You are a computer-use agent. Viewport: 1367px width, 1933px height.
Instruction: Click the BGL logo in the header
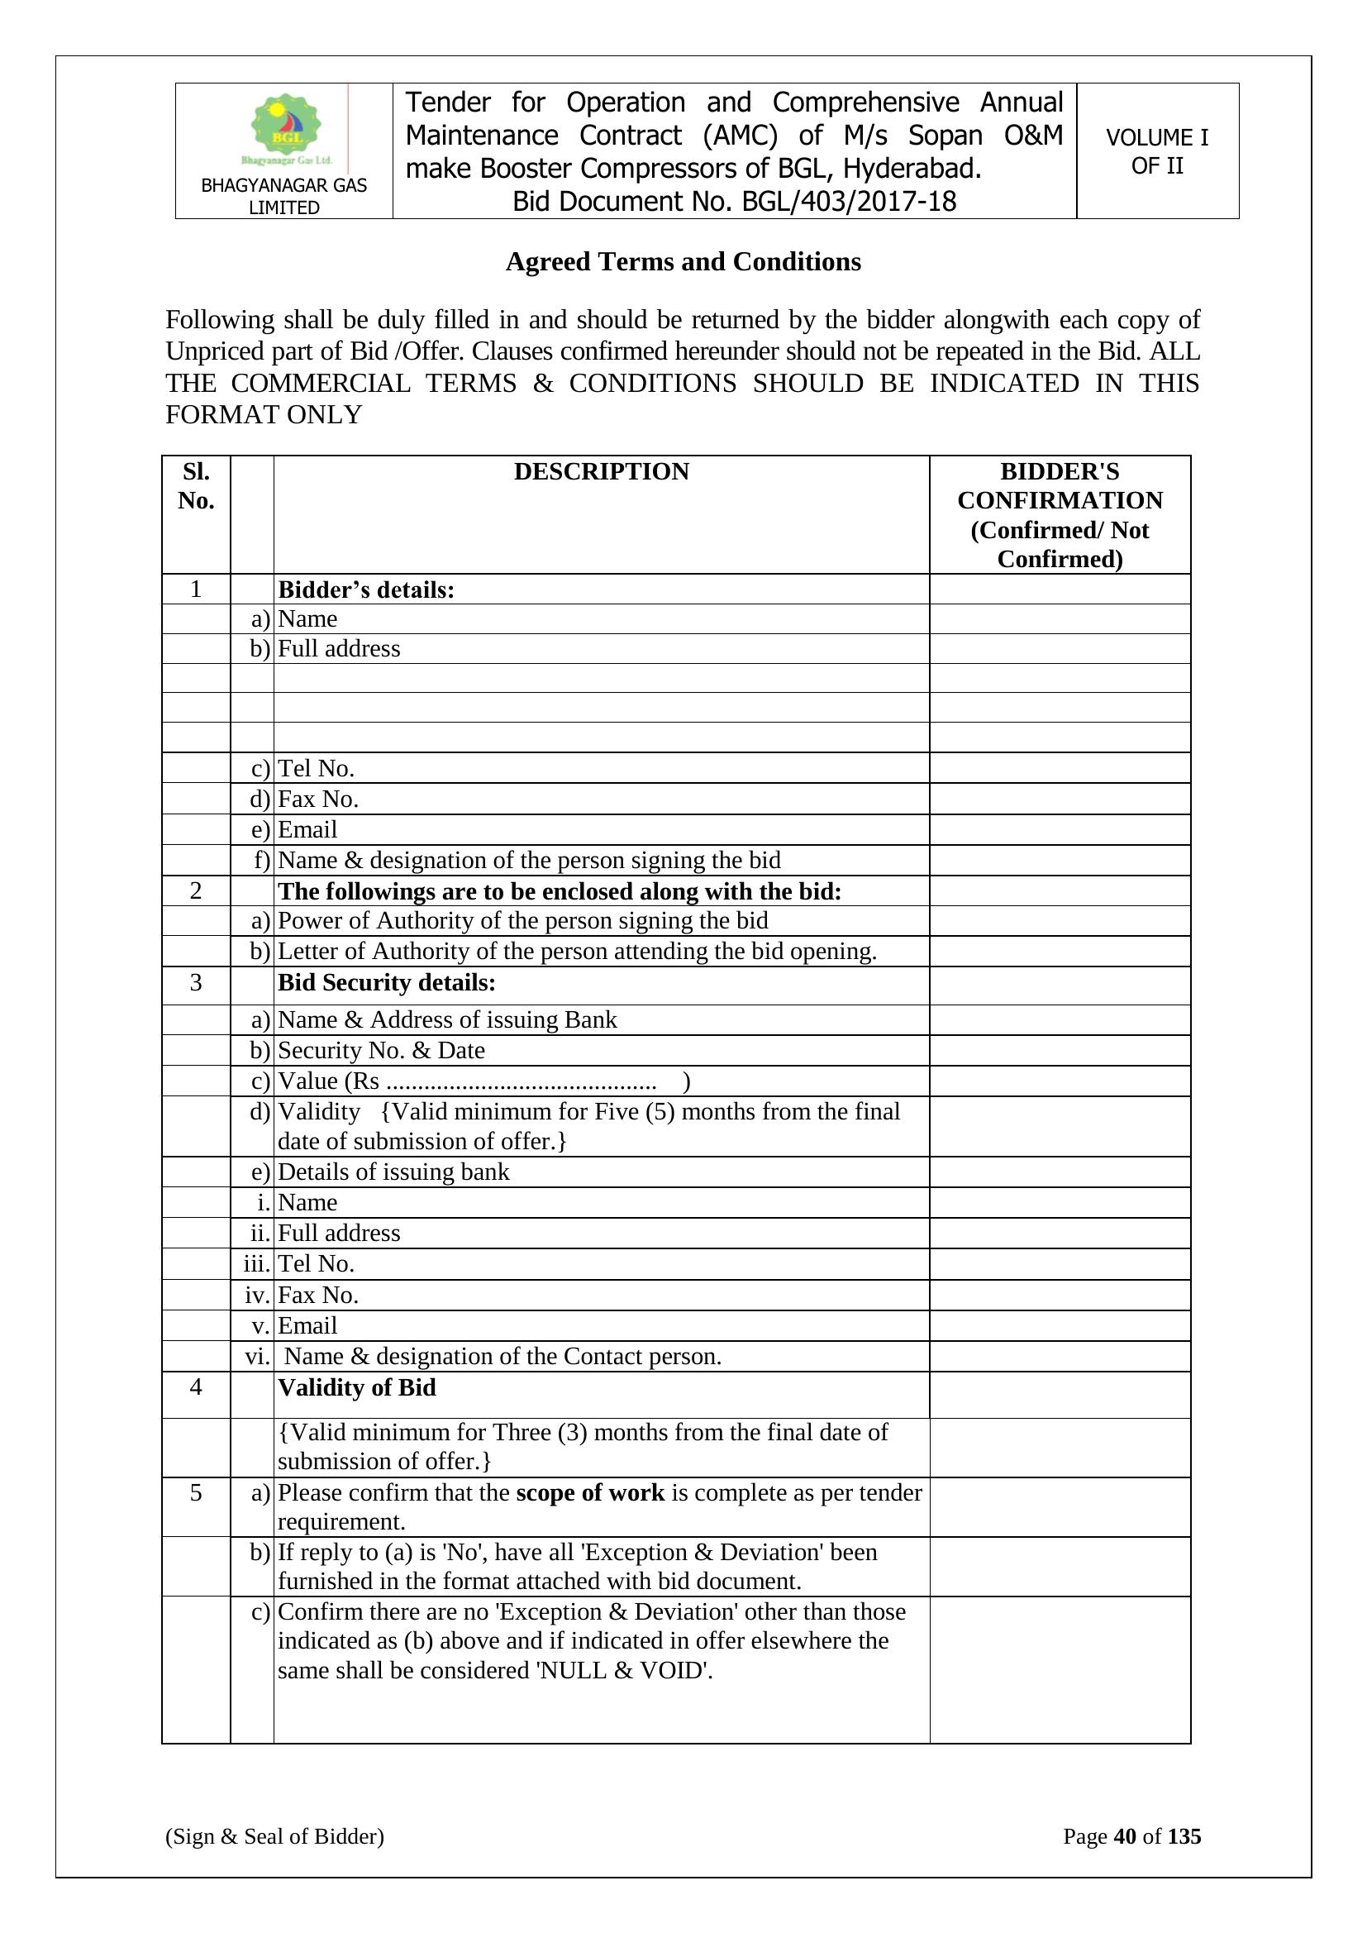[286, 129]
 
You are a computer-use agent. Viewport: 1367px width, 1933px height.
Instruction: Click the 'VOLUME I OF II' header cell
[1156, 151]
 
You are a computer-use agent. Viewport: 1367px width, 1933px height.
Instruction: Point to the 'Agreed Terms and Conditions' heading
[683, 262]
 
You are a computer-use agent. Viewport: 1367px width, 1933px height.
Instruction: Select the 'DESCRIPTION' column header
[601, 471]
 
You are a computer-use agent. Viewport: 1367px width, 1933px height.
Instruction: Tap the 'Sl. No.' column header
[196, 486]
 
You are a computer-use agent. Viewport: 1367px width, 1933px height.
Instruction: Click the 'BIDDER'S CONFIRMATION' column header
[1059, 514]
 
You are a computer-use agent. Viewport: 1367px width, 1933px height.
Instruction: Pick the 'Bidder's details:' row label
[366, 590]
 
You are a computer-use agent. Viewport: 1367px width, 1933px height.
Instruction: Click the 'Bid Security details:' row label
[386, 982]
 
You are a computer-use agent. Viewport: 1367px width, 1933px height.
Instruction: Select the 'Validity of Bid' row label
[357, 1387]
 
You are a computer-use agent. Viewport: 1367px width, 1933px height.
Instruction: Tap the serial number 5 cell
[196, 1492]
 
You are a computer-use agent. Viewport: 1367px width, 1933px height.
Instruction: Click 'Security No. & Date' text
[381, 1050]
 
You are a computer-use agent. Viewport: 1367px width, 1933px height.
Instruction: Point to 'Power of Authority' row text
[522, 920]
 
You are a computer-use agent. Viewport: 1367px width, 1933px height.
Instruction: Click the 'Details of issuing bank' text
[393, 1172]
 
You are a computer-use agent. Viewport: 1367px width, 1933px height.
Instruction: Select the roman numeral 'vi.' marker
[257, 1356]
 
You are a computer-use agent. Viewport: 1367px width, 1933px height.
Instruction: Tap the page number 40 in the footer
[1125, 1836]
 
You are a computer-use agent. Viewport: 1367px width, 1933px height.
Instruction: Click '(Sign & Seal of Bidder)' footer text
[274, 1836]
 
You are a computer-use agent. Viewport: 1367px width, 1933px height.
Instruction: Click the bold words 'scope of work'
[590, 1492]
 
